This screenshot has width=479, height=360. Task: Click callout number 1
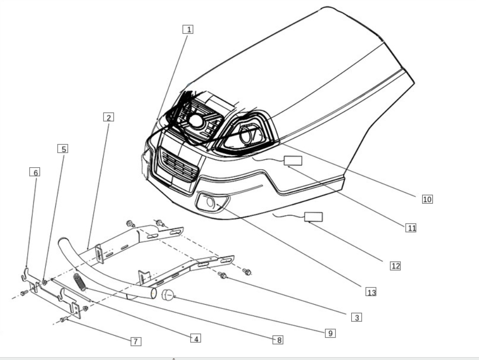(x=189, y=29)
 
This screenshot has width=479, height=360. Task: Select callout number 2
(x=109, y=117)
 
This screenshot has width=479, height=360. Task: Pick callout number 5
(x=63, y=149)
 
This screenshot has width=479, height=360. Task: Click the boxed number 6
(x=34, y=172)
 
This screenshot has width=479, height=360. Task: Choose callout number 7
(x=136, y=341)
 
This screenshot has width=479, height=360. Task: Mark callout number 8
(x=278, y=339)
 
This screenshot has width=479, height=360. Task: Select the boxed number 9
(x=330, y=333)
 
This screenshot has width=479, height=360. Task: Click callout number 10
(x=427, y=199)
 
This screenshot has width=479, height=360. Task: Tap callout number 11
(x=411, y=228)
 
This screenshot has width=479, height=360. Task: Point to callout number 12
(x=395, y=266)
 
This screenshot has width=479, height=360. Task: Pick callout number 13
(x=371, y=292)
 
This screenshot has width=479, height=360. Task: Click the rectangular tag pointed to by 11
(x=293, y=161)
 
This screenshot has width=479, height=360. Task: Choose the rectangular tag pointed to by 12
(x=314, y=217)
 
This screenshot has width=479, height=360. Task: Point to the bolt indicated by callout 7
(x=63, y=319)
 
